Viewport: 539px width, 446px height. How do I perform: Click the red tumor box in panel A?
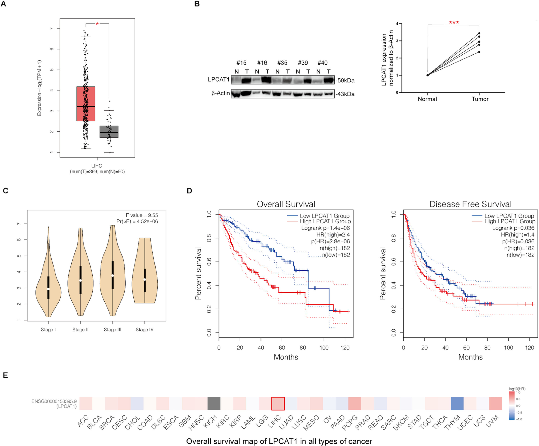click(x=86, y=104)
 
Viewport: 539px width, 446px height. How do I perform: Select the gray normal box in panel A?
click(x=109, y=132)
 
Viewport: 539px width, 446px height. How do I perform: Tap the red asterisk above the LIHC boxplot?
click(x=97, y=24)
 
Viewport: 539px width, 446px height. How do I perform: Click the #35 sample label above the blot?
click(x=282, y=63)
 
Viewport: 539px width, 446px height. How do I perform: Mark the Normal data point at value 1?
click(x=427, y=75)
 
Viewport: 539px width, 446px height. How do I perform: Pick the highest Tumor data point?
click(x=479, y=33)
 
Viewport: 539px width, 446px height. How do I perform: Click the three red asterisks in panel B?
click(x=454, y=23)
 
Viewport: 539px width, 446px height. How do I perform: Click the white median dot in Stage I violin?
click(x=48, y=289)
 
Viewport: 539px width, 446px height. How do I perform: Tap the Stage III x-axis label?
click(x=112, y=330)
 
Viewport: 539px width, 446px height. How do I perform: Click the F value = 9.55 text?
click(x=142, y=215)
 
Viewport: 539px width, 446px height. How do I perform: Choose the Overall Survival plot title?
click(x=286, y=204)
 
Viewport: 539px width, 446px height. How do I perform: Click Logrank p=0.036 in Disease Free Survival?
click(x=513, y=228)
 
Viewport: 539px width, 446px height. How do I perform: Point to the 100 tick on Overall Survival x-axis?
click(x=324, y=348)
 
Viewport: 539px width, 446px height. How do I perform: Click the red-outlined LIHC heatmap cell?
click(x=278, y=404)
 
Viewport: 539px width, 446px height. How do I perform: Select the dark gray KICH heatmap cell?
click(x=214, y=404)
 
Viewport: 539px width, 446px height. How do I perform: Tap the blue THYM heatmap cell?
click(x=457, y=404)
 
